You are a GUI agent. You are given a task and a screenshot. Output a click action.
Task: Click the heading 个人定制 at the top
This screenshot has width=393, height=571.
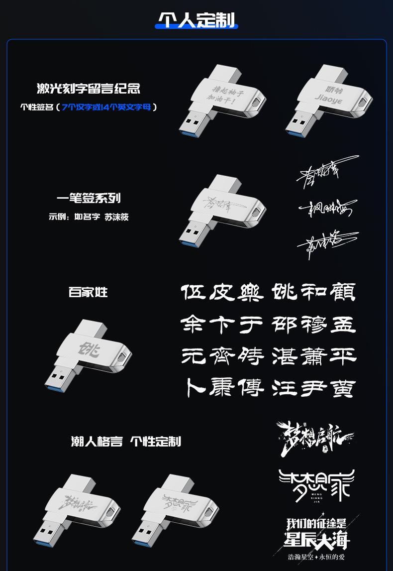pyautogui.click(x=196, y=20)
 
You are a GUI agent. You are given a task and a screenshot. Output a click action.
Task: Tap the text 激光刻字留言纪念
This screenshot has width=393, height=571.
pyautogui.click(x=89, y=89)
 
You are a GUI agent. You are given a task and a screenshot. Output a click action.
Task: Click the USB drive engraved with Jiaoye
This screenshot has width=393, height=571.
pyautogui.click(x=329, y=100)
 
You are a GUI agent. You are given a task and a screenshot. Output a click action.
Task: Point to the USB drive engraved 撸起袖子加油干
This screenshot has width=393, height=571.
pyautogui.click(x=223, y=100)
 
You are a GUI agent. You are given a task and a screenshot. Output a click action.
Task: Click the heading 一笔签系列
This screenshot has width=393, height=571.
pyautogui.click(x=89, y=199)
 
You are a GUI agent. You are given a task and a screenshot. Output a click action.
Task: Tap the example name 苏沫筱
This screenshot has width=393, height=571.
pyautogui.click(x=117, y=217)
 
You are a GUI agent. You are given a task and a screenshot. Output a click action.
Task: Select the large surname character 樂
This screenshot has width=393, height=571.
pyautogui.click(x=249, y=292)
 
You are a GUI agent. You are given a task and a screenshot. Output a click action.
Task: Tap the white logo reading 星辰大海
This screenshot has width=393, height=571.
pyautogui.click(x=317, y=540)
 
